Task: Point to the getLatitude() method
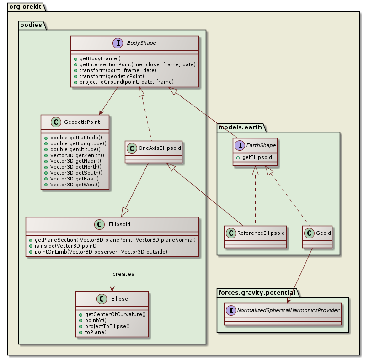tap(75, 137)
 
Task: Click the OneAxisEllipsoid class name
tap(158, 148)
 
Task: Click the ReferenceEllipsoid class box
tap(255, 237)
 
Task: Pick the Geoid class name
tap(322, 233)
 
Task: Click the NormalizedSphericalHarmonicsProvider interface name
tap(288, 310)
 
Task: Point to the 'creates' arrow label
tap(123, 274)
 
